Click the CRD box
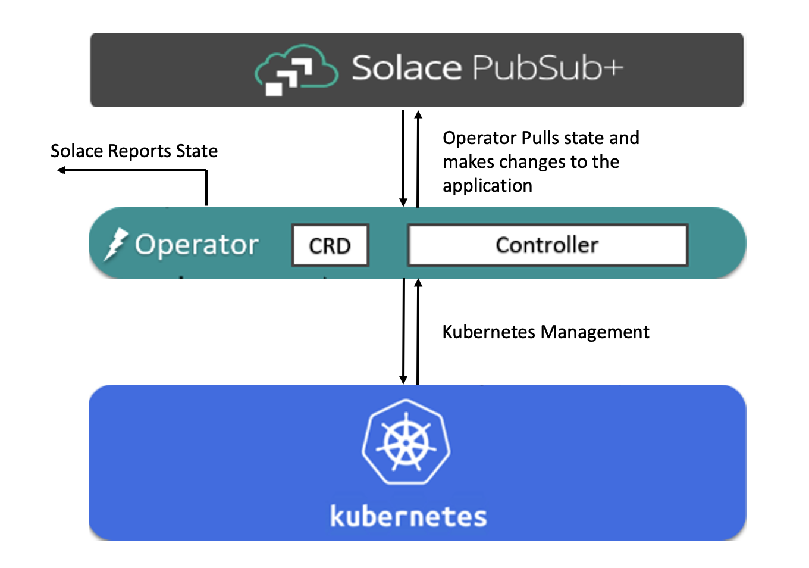[330, 245]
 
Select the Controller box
[547, 245]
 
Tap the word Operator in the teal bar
[197, 245]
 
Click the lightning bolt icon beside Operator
[115, 244]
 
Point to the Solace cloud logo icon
[296, 70]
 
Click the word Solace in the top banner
[406, 68]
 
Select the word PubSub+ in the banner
[548, 68]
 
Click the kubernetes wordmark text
[409, 516]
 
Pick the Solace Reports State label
[134, 151]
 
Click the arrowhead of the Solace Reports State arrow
[61, 171]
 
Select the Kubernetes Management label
[545, 332]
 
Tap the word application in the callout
[487, 186]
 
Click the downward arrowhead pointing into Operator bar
[403, 202]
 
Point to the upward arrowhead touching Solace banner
[418, 114]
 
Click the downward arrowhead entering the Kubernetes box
[403, 380]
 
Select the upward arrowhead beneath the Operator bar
[418, 283]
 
